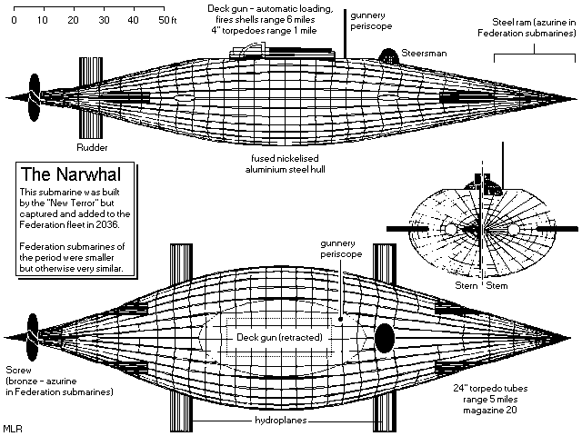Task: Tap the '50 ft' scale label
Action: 166,19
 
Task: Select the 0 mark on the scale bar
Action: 13,19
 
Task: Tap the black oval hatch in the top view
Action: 384,337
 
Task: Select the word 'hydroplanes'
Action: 283,423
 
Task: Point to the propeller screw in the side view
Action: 35,96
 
